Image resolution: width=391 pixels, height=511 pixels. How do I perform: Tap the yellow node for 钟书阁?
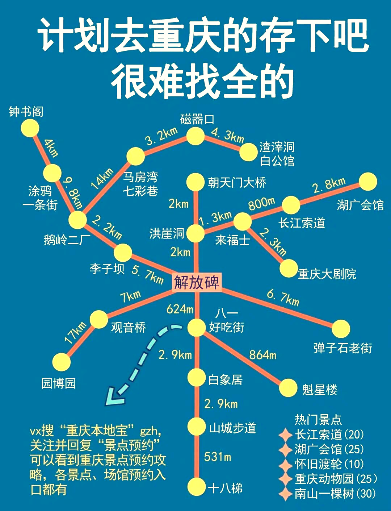[x=30, y=128]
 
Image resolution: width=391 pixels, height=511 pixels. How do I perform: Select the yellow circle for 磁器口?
[x=195, y=136]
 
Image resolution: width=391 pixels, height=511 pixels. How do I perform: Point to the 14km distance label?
[x=102, y=179]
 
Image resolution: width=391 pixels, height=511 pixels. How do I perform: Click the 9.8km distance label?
[x=73, y=192]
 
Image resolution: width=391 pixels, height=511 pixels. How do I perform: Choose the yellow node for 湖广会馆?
[x=368, y=182]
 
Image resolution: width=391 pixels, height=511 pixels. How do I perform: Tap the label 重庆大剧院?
[x=327, y=274]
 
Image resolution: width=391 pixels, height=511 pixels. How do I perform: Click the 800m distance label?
[x=261, y=203]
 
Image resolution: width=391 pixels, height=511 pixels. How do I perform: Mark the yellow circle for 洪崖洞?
[x=195, y=233]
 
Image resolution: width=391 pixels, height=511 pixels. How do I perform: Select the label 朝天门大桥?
[x=237, y=182]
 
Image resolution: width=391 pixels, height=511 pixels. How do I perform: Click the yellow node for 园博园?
[x=61, y=362]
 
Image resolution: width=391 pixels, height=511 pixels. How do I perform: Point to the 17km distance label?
[x=75, y=332]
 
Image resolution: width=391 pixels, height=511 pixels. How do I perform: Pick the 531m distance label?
[x=217, y=457]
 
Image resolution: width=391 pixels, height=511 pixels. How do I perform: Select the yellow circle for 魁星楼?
[x=288, y=388]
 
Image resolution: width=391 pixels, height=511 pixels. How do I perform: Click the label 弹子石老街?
[x=342, y=348]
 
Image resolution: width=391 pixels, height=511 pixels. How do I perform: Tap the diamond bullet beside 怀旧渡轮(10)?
[x=286, y=464]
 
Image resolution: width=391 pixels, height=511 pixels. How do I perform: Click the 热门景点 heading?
[x=318, y=419]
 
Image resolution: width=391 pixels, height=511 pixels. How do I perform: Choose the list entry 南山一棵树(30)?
[x=335, y=494]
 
